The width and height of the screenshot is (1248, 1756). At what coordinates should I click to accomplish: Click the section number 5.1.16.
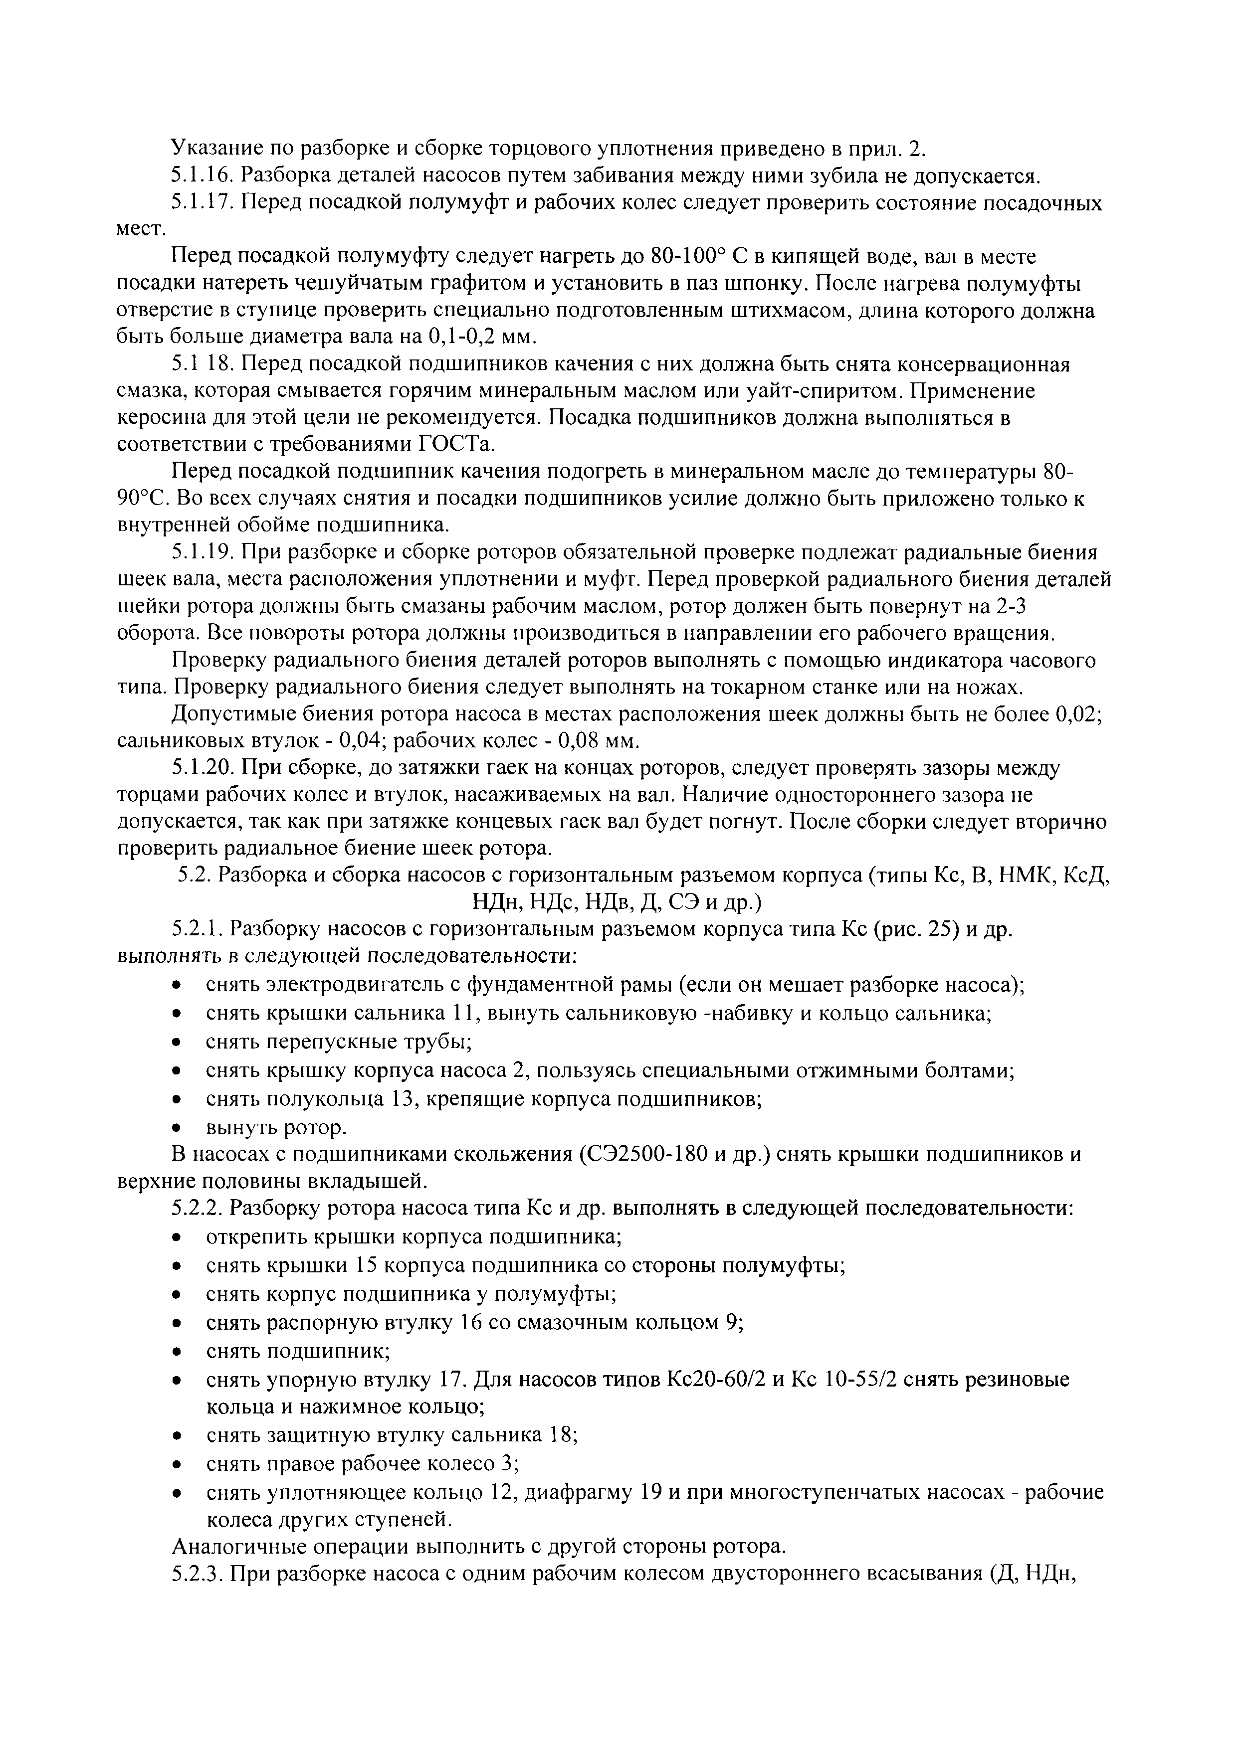(202, 176)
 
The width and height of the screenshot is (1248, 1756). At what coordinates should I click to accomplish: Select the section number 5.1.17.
(202, 203)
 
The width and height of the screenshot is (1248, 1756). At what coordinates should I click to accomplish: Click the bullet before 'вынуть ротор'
(178, 1128)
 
